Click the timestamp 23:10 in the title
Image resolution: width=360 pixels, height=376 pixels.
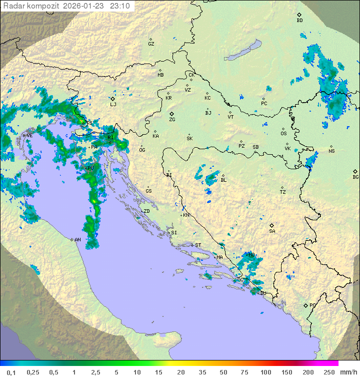click(x=120, y=6)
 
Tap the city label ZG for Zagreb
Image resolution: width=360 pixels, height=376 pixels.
click(x=172, y=120)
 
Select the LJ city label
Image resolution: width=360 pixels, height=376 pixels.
click(x=113, y=105)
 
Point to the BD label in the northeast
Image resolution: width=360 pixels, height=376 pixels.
click(x=299, y=21)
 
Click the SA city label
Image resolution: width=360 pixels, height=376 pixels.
click(x=272, y=231)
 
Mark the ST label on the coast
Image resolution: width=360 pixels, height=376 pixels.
click(x=198, y=245)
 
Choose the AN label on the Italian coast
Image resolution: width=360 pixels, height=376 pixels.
click(x=77, y=240)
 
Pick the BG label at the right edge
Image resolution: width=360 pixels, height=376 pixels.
click(x=355, y=177)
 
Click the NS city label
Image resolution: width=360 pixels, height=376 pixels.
click(x=331, y=151)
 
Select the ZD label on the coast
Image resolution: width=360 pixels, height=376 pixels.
click(x=146, y=211)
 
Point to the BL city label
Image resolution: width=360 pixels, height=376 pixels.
click(x=223, y=180)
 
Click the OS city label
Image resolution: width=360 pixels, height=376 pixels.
click(x=283, y=134)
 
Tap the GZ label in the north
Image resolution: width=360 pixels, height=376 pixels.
click(x=151, y=44)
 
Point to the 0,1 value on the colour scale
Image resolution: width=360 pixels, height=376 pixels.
click(x=11, y=372)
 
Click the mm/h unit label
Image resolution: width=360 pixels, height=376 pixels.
click(x=346, y=372)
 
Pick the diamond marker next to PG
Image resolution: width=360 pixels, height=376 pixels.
click(x=305, y=305)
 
